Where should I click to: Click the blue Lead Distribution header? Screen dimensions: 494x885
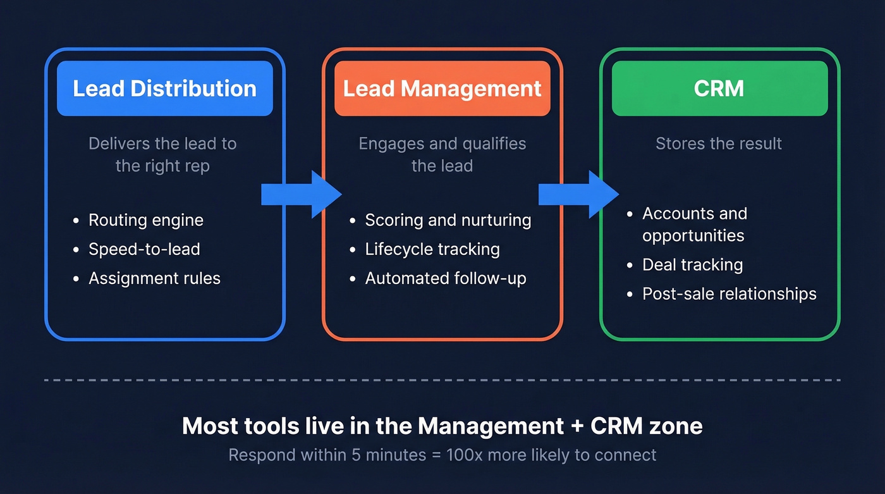point(164,89)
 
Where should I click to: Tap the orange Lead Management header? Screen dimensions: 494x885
point(442,89)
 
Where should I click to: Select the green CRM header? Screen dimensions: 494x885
point(719,89)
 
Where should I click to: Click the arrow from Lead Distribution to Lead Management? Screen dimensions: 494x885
point(301,194)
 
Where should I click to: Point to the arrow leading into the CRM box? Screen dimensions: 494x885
point(578,194)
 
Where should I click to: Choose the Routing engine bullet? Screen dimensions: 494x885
point(145,220)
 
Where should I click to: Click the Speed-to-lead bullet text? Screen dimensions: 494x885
point(144,249)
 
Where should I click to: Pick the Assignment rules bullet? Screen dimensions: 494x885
point(154,278)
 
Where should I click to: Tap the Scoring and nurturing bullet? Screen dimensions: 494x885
point(448,220)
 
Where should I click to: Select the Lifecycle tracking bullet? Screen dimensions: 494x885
point(432,249)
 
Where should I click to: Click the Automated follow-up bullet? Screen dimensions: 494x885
point(445,278)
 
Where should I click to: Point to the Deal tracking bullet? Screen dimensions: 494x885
point(692,264)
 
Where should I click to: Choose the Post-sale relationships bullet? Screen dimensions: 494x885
point(729,293)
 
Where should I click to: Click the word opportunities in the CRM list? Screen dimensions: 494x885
point(693,236)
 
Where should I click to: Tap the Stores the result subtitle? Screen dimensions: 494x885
point(719,144)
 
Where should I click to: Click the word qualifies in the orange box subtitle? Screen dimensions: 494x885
point(495,144)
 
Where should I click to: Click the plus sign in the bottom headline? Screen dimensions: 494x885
point(577,426)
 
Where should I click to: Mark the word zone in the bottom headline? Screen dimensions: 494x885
point(680,426)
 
